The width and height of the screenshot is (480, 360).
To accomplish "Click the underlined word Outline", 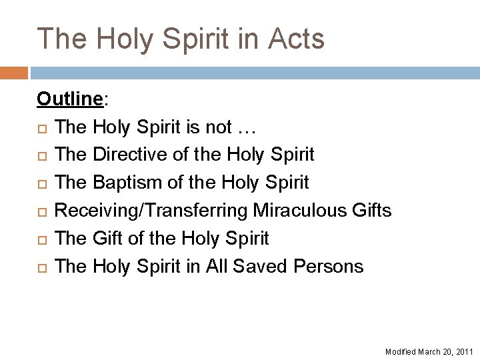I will click(x=69, y=99).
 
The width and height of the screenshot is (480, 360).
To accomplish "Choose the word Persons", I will click(x=329, y=267).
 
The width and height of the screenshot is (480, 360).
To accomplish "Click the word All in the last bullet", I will click(x=216, y=267).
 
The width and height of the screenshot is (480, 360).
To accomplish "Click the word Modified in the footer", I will click(x=400, y=351).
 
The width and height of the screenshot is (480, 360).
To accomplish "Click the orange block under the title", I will click(x=14, y=72).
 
